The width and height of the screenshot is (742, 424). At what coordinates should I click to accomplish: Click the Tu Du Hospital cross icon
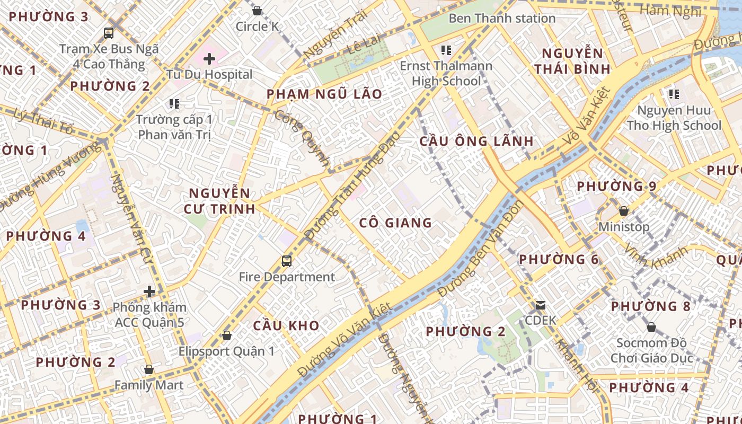[209, 59]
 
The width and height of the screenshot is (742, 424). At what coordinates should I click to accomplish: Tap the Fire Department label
[287, 277]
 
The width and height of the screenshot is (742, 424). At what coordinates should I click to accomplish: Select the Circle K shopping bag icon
[257, 11]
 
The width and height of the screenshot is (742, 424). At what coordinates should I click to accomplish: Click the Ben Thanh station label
[502, 18]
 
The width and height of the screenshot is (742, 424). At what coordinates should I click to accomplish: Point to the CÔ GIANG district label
[395, 223]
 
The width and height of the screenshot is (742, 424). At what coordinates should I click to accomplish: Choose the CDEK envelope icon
[541, 305]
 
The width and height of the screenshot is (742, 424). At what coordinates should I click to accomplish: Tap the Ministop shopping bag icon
[624, 211]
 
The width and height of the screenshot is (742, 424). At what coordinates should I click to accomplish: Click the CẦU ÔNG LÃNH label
[476, 142]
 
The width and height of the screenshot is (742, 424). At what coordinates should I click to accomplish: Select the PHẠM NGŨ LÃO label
[324, 94]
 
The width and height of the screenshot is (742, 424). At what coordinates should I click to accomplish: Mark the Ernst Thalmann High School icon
[446, 50]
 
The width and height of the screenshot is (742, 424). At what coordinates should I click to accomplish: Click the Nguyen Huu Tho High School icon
[674, 94]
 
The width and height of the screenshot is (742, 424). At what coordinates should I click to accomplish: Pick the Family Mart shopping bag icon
[149, 369]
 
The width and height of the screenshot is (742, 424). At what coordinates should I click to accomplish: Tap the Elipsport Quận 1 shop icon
[227, 335]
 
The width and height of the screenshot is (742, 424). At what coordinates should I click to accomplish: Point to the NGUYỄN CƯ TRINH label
[219, 201]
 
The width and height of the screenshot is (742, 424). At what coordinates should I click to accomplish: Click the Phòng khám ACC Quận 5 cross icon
[149, 291]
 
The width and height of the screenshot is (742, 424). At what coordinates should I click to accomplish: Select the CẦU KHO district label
[286, 325]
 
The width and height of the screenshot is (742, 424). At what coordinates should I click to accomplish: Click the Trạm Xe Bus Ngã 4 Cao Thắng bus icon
[109, 33]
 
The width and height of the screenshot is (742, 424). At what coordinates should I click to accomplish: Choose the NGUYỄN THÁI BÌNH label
[572, 61]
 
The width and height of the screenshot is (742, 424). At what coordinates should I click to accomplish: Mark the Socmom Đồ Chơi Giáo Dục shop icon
[651, 328]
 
